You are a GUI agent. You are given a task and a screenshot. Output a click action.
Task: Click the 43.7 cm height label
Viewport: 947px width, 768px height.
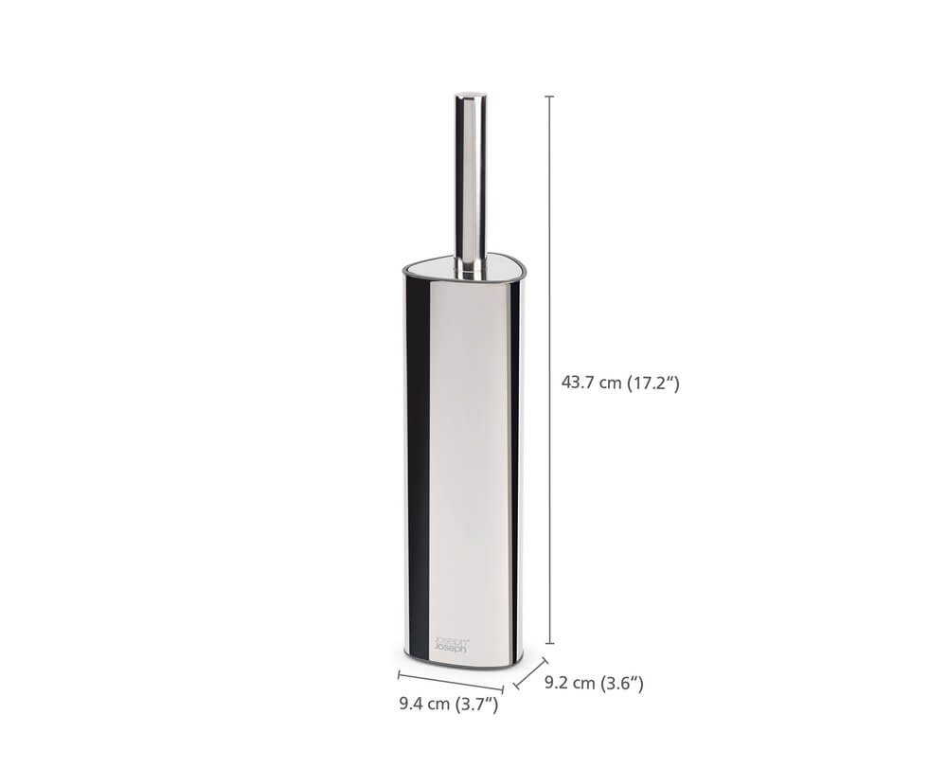click(x=620, y=383)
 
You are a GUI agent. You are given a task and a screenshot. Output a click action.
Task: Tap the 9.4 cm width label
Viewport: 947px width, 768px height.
click(x=448, y=704)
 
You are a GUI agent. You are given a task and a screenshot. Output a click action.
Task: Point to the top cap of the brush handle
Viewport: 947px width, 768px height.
click(x=471, y=96)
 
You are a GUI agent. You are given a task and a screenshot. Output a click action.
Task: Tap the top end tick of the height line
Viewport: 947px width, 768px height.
click(x=549, y=97)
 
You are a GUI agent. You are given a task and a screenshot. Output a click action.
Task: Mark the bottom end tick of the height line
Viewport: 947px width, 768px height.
click(x=549, y=644)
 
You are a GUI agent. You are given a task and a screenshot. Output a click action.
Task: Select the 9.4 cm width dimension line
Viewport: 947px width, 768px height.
click(x=450, y=683)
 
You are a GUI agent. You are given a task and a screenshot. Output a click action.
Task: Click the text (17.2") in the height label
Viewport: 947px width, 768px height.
click(x=653, y=383)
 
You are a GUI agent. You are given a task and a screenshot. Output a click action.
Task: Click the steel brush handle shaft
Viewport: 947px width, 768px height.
click(x=471, y=180)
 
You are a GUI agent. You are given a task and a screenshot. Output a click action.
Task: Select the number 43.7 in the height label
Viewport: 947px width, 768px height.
click(x=579, y=383)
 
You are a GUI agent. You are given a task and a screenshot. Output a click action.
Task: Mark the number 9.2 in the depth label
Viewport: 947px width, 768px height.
click(x=558, y=682)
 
